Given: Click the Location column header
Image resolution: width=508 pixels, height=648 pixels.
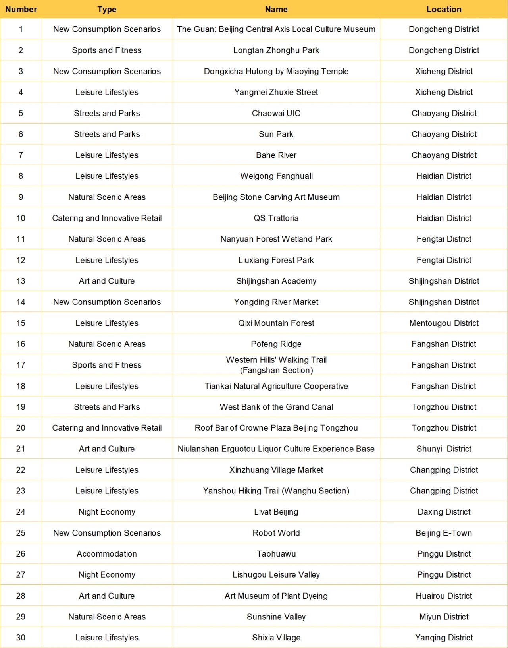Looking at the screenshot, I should click(x=444, y=9).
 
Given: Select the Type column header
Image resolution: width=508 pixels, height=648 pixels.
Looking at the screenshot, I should click(x=107, y=9).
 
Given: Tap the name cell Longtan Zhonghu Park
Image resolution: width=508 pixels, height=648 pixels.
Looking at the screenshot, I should click(x=276, y=50).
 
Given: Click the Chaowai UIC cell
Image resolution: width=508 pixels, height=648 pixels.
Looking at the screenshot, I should click(x=276, y=113).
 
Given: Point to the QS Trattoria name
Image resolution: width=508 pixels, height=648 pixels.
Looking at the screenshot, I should click(x=276, y=218).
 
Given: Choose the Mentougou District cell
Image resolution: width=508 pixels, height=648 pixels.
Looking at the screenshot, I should click(x=444, y=323).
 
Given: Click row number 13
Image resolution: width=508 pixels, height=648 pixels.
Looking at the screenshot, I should click(x=21, y=281).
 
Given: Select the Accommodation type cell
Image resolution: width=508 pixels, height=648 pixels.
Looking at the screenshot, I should click(x=107, y=554).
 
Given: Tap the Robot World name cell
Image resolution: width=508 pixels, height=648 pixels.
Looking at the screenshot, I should click(x=276, y=533).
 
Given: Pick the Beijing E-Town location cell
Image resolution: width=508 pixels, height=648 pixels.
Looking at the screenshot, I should click(x=444, y=533).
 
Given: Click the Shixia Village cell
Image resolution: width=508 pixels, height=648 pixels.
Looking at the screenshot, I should click(x=276, y=638).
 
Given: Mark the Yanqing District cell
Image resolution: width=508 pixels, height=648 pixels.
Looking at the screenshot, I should click(x=444, y=638).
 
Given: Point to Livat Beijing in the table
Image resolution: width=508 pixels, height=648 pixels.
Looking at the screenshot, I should click(x=276, y=512).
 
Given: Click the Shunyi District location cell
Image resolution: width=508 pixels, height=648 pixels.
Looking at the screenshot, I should click(x=444, y=449).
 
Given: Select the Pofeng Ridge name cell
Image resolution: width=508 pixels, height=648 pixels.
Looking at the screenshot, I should click(x=276, y=344).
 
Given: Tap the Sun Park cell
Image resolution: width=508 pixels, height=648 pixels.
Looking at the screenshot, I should click(x=276, y=134).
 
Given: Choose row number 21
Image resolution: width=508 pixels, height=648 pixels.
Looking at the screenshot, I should click(x=21, y=449).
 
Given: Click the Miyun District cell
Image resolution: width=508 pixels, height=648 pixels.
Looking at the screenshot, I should click(x=444, y=617).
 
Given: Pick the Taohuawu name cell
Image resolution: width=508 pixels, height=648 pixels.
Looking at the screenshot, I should click(x=276, y=554).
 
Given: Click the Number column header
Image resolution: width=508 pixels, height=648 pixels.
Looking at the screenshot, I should click(x=21, y=9).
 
